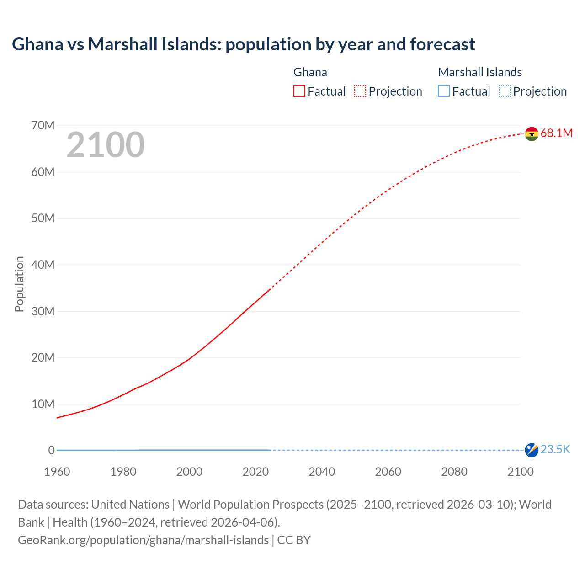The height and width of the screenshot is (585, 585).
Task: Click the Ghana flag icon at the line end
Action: (532, 134)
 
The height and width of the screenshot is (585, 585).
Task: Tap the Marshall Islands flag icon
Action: (532, 450)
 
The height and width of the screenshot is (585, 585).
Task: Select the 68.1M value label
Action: (556, 133)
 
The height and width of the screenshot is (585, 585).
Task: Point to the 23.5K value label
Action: (555, 450)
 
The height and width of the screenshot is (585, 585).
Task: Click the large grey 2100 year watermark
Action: (106, 145)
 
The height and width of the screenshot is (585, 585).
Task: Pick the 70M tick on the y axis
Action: (43, 125)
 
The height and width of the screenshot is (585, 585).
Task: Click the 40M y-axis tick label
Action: (43, 265)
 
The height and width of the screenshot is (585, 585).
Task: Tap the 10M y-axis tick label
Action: (43, 404)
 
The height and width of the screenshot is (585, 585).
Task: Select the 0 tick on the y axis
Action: (51, 450)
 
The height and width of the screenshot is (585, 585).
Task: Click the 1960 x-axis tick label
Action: (57, 472)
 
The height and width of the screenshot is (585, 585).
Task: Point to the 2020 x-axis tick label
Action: (255, 472)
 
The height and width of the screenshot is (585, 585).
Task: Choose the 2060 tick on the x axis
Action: (388, 472)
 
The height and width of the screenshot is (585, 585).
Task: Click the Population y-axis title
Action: (19, 284)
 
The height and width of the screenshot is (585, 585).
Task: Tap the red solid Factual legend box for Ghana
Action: (299, 91)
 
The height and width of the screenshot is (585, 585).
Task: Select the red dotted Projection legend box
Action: (360, 91)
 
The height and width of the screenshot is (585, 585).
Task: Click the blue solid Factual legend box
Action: (444, 91)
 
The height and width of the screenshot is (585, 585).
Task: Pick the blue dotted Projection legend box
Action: (505, 91)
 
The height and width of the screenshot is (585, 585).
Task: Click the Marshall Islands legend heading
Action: (480, 72)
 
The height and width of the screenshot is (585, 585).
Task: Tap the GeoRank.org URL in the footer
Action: (144, 540)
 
